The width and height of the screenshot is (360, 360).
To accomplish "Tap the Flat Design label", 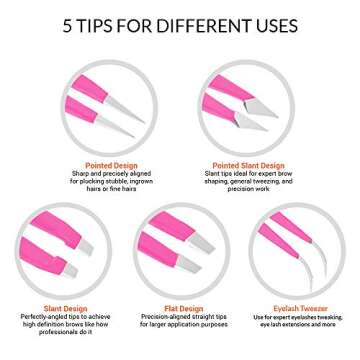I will coord(181,308).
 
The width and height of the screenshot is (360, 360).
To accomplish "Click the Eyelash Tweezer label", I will coord(301,308).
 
